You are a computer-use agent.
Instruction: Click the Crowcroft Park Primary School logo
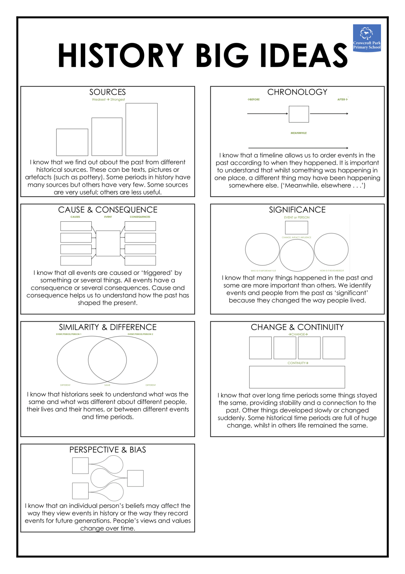tap(367, 38)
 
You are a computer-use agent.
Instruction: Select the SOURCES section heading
tap(108, 92)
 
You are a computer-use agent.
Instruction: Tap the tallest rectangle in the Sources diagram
tap(142, 129)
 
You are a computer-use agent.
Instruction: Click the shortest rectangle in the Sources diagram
tap(72, 142)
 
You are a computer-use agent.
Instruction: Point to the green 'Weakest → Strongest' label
tap(108, 100)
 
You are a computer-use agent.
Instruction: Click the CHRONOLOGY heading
tap(297, 92)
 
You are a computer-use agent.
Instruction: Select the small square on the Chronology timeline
tap(299, 114)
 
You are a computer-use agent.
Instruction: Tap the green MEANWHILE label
tap(299, 133)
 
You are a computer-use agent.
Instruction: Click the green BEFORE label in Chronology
tap(253, 99)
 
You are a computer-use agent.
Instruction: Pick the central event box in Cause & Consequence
tap(108, 243)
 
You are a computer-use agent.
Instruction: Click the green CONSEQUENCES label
tap(140, 217)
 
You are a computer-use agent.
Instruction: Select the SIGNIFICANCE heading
tap(297, 210)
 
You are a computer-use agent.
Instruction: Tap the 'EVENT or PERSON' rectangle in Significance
tap(296, 227)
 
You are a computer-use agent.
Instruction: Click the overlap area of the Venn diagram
tap(108, 360)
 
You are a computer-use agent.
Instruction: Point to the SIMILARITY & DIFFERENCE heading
tap(108, 327)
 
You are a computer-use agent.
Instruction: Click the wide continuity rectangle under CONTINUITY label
tap(297, 377)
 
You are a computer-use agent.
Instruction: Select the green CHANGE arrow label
tap(298, 334)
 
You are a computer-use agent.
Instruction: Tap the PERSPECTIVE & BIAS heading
tap(108, 450)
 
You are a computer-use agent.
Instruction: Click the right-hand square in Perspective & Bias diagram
tap(135, 478)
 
